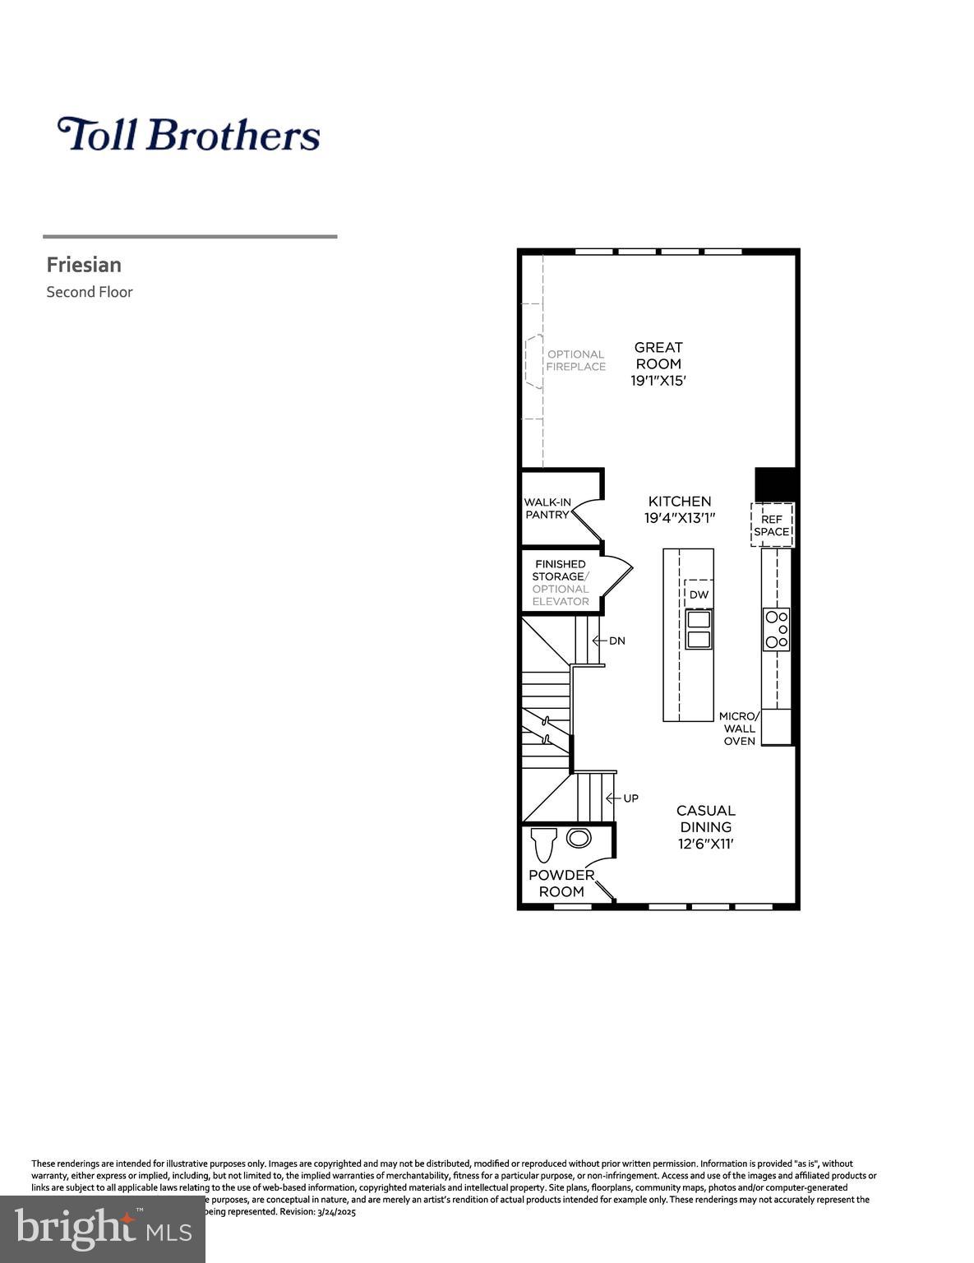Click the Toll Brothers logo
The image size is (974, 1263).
tap(188, 134)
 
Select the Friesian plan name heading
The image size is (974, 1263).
tap(84, 265)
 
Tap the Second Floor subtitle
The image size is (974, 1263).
tap(89, 292)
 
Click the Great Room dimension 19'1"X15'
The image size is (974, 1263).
tap(658, 381)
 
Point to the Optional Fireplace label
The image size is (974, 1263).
tap(575, 361)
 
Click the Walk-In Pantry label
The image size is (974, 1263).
tap(547, 508)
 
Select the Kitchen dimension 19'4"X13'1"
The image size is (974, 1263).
tap(680, 518)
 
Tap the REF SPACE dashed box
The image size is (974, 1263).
tap(772, 525)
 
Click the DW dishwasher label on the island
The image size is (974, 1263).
tap(698, 594)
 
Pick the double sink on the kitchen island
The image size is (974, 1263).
tap(699, 630)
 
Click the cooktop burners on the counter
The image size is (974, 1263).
tap(777, 629)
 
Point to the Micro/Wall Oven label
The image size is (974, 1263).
tap(739, 729)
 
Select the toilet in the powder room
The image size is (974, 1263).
tap(543, 844)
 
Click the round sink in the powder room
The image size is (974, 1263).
tap(579, 839)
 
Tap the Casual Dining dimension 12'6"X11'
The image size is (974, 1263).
tap(705, 844)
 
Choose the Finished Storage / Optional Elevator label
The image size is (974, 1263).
tap(561, 582)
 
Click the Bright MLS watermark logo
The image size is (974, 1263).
tap(103, 1229)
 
